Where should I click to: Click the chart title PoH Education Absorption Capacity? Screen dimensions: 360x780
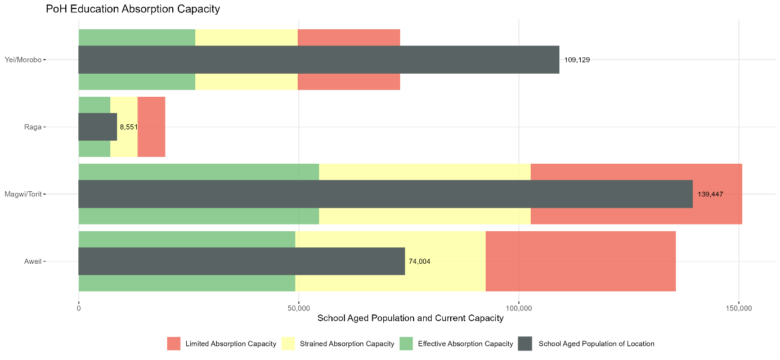tap(133, 9)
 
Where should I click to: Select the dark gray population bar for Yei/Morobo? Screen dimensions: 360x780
tap(319, 60)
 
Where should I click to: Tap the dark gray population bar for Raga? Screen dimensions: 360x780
tap(97, 127)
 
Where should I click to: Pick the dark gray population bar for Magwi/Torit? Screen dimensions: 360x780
tap(385, 194)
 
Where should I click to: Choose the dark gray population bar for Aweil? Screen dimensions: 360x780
tap(241, 262)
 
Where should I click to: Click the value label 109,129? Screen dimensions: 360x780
tap(577, 60)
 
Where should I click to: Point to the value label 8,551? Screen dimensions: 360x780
tap(128, 127)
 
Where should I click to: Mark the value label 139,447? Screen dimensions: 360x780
tap(710, 194)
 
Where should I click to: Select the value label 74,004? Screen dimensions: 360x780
tap(419, 262)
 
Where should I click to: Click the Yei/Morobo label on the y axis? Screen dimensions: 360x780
tap(23, 60)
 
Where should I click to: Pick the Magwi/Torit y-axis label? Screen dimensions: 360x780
tap(23, 194)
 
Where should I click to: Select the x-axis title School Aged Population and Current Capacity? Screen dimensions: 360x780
tap(410, 318)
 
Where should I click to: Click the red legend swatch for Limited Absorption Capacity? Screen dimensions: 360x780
tap(173, 344)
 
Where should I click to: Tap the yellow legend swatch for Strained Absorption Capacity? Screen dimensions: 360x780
tap(288, 344)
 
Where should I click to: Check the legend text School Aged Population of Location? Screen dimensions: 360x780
tap(596, 344)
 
